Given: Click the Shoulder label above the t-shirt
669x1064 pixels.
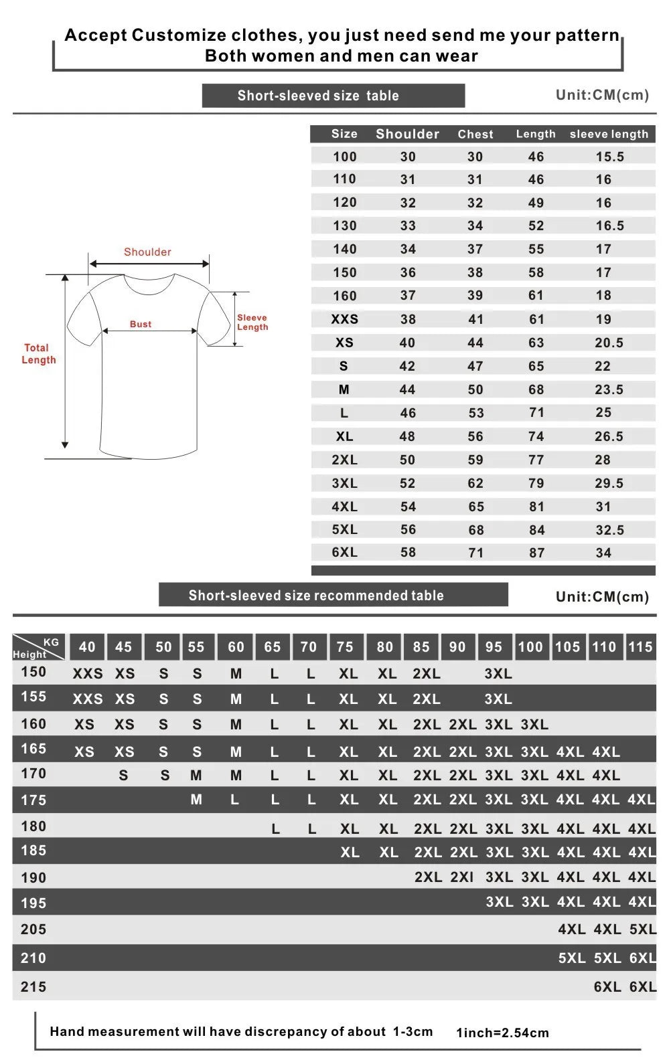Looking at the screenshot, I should (x=147, y=252).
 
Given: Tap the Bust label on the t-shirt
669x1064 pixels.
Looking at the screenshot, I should (x=141, y=324).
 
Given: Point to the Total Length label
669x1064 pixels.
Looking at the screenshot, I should (x=38, y=354).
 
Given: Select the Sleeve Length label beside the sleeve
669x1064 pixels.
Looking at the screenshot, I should (x=252, y=323).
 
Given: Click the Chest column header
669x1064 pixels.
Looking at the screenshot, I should (x=475, y=135).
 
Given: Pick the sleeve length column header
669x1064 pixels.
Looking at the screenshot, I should (x=609, y=135).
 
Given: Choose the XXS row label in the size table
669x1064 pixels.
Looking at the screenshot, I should (x=344, y=319).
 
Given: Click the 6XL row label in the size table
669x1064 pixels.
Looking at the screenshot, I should (x=344, y=553).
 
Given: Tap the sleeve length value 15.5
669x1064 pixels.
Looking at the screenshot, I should (x=609, y=157).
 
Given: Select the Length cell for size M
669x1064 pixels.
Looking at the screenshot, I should (x=536, y=389).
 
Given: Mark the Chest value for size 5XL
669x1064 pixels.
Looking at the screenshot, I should (x=475, y=530).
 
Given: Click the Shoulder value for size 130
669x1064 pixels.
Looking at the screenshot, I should (x=408, y=226).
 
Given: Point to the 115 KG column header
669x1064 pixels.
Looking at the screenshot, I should (x=640, y=647).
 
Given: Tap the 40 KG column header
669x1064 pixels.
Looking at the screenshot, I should (x=87, y=647).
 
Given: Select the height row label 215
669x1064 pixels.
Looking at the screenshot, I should (x=33, y=987).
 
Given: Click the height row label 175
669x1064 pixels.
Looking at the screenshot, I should (x=33, y=800).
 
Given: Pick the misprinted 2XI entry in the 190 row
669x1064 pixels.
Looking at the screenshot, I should (x=462, y=877).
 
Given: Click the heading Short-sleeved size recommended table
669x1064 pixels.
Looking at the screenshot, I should (x=316, y=596).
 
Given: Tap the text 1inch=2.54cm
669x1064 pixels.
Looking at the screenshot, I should (x=502, y=1033).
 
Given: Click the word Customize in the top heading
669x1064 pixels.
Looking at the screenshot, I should (x=179, y=35).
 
